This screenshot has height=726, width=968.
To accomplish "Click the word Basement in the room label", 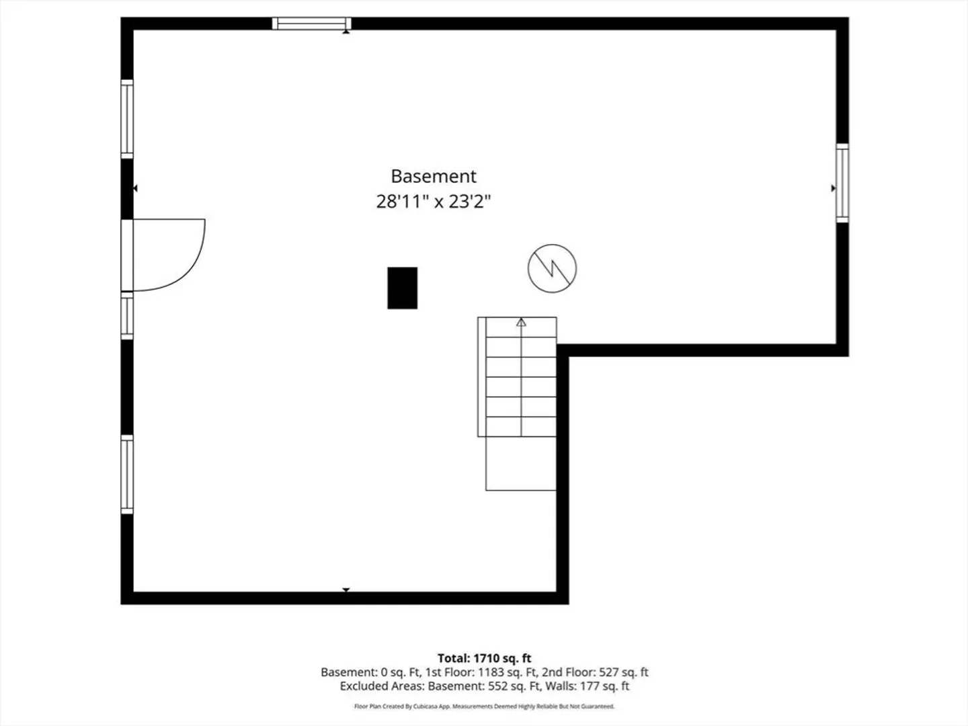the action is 434,176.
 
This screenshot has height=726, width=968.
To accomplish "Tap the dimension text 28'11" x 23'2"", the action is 434,202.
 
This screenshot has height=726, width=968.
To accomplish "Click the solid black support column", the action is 402,288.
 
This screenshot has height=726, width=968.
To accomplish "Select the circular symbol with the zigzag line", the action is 552,268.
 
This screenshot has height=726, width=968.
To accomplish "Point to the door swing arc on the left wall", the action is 190,264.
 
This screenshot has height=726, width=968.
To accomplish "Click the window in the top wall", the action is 312,24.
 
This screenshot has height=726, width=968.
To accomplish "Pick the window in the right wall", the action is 842,183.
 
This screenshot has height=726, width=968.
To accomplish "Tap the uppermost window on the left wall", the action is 127,119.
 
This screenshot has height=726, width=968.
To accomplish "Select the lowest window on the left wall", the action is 127,475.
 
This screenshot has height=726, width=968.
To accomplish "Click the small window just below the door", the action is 127,316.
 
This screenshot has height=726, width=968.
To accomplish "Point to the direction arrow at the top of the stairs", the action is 521,323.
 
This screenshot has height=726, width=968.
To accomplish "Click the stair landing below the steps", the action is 521,463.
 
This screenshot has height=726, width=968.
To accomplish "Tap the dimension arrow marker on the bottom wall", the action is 346,590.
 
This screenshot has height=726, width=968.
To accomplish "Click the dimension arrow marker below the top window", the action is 346,32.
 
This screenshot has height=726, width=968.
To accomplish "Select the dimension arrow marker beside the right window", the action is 834,188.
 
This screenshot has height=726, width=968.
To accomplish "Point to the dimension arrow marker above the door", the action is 135,188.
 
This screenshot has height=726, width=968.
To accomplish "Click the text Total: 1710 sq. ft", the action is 484,658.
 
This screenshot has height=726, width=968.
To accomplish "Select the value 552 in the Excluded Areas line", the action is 498,686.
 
